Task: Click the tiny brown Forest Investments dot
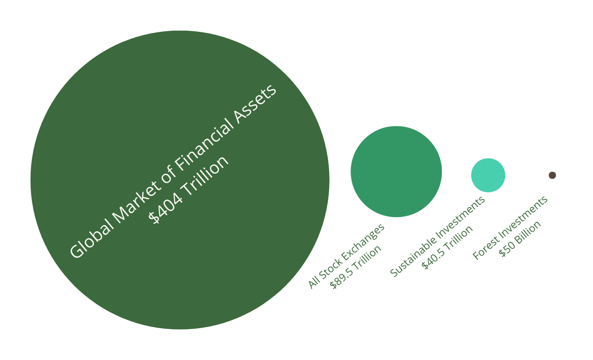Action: tap(552, 175)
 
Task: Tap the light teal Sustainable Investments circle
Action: tap(488, 175)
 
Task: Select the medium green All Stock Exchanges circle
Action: tap(396, 171)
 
